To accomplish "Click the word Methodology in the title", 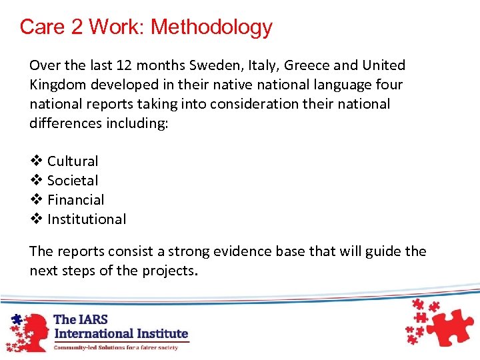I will tap(211, 27).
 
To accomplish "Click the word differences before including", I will tap(67, 123).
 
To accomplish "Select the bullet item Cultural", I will tap(73, 161).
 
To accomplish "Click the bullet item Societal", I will tap(73, 181).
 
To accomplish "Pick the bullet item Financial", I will tap(76, 200).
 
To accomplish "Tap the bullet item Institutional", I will tap(87, 219).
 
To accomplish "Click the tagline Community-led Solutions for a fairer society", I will tap(116, 347).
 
